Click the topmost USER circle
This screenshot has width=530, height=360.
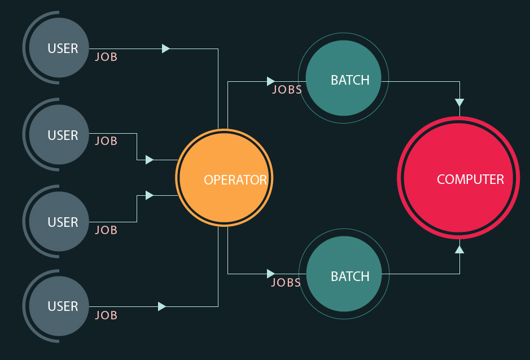[59, 48]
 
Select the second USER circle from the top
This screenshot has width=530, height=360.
[59, 135]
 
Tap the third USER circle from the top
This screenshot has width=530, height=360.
[59, 222]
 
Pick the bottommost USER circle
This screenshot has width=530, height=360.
[59, 306]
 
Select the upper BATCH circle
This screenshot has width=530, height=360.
[343, 78]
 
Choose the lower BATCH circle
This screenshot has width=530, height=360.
[343, 274]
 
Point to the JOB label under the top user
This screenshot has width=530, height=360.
[106, 57]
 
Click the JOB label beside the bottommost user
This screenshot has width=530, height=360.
[106, 315]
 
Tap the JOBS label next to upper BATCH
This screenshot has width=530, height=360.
[287, 90]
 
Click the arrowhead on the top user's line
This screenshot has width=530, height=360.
[165, 49]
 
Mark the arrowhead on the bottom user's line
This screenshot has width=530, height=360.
[162, 306]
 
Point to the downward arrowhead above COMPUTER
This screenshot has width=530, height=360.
[459, 103]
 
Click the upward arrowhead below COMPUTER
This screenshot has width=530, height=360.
[459, 249]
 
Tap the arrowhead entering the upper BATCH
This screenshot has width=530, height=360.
[271, 82]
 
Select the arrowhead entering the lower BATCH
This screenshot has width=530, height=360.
[271, 274]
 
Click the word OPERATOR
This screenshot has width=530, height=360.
[235, 180]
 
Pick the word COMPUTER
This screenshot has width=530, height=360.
[470, 179]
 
